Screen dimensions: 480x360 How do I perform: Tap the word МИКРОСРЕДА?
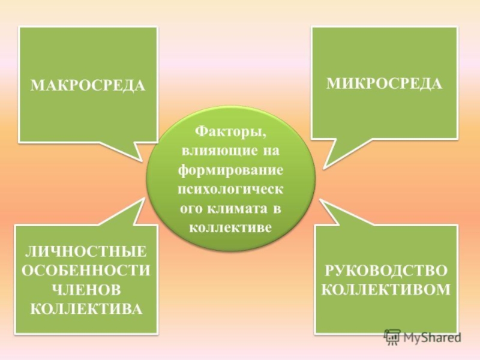384,83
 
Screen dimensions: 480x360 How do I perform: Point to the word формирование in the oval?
230,169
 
